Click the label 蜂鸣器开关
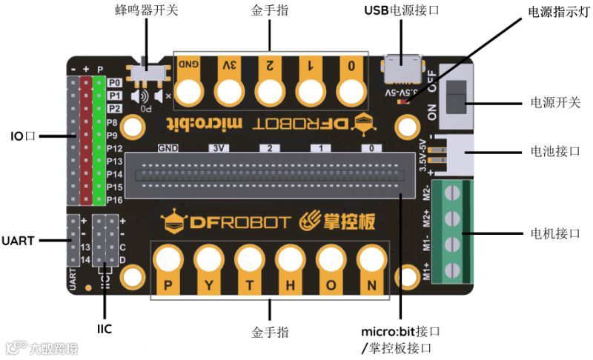coord(146,11)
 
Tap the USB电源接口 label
coord(402,11)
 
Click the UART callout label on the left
coord(19,241)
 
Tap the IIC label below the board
coord(105,328)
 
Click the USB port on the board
coord(401,70)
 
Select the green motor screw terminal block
coord(451,231)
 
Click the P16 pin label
coord(114,200)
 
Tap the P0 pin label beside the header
coord(114,83)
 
